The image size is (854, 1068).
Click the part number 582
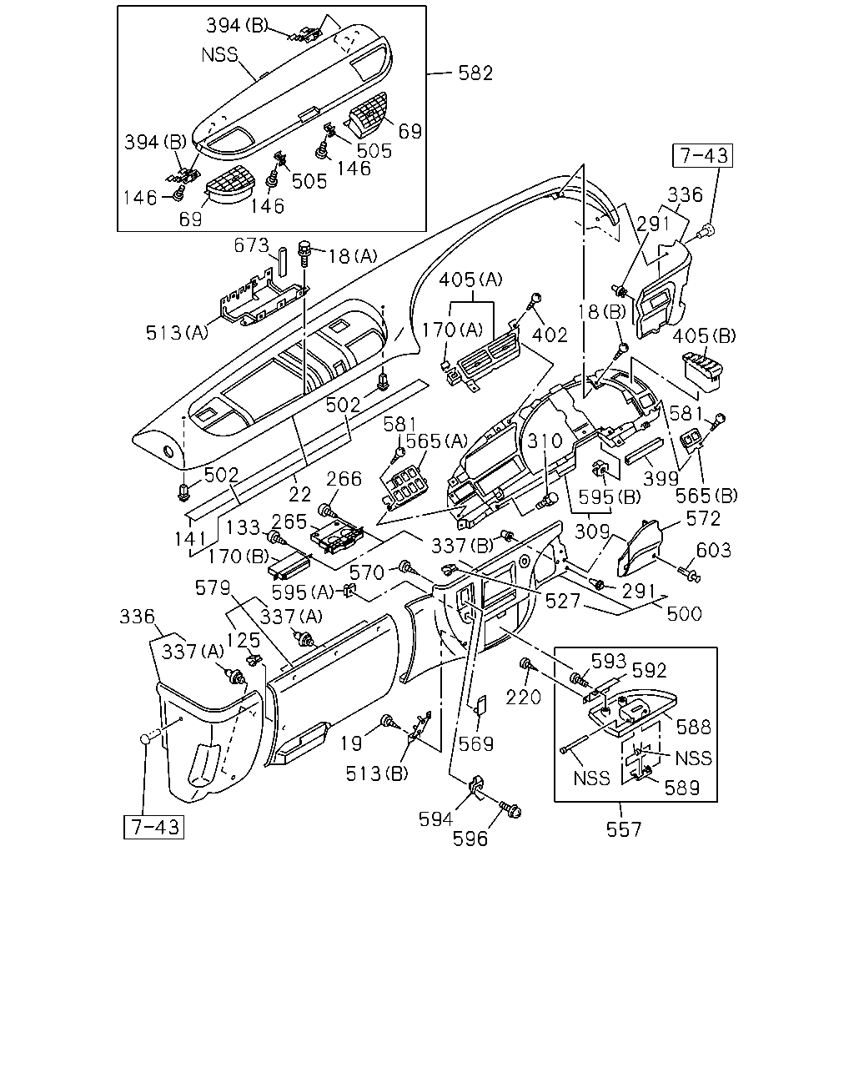475,73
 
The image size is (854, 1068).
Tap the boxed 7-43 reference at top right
702,155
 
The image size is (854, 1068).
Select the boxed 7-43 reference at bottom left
153,827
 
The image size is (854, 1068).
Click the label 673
251,245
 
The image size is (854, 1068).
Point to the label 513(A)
177,333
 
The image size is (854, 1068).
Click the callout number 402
550,335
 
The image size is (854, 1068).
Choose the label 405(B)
704,336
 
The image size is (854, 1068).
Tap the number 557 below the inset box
624,829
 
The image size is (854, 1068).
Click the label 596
470,839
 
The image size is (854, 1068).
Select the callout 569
476,744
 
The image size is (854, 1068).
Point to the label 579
213,588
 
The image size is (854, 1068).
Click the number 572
703,519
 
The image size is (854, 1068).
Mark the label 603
714,550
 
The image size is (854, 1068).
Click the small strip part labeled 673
284,261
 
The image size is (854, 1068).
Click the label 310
545,441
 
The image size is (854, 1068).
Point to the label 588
693,727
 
